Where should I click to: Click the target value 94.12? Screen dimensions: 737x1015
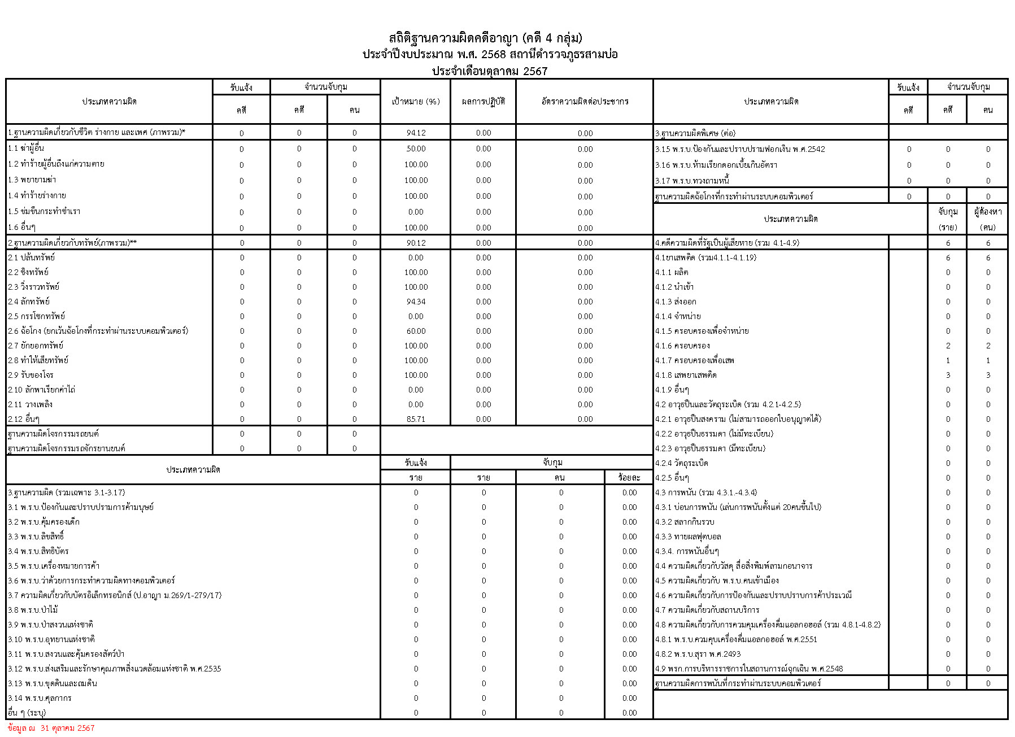tap(416, 133)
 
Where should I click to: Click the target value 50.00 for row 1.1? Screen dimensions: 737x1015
tap(416, 149)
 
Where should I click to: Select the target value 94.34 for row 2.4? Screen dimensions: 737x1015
tap(416, 302)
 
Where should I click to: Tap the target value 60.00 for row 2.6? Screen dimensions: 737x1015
tap(416, 331)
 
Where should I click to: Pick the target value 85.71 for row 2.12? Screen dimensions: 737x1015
tap(416, 419)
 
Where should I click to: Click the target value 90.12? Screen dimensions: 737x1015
tap(416, 243)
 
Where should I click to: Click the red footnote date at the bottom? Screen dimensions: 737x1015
tap(51, 728)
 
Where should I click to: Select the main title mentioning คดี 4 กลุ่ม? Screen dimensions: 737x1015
tap(486, 38)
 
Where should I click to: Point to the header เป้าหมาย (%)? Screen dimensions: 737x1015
tap(416, 102)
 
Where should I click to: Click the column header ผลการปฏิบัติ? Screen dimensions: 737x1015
tap(483, 102)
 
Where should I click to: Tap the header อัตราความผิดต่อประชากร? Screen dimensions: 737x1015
tap(585, 102)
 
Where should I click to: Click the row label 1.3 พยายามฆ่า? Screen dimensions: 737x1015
tap(32, 180)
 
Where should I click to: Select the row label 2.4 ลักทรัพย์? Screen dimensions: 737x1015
tap(29, 302)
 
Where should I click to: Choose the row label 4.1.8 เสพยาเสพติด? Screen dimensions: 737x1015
tap(686, 375)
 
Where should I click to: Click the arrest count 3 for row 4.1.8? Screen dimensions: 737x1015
tap(948, 375)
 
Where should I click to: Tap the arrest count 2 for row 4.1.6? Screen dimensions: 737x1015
tap(948, 346)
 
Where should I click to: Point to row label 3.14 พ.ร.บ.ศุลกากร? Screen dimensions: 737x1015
tap(40, 698)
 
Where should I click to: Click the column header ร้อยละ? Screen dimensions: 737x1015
tap(629, 477)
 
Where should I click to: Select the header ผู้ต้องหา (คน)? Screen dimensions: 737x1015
tap(987, 219)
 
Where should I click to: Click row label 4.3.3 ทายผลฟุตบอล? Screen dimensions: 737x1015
tap(688, 537)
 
